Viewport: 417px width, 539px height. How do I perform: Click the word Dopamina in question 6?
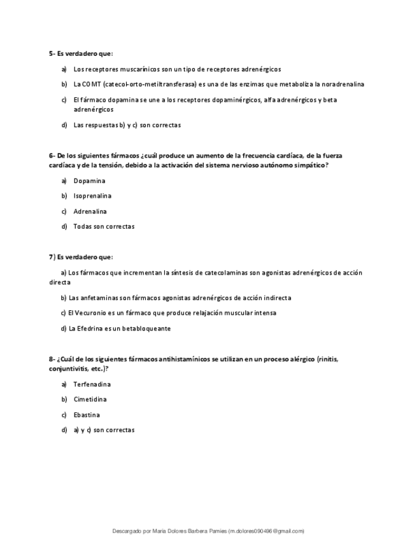point(89,181)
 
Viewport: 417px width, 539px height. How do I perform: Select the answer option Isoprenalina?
point(92,196)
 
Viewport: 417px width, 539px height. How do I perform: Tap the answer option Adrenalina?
point(90,212)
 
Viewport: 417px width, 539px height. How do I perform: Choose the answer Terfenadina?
point(92,385)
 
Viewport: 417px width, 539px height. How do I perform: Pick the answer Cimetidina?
point(90,400)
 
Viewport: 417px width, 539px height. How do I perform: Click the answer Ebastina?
point(87,415)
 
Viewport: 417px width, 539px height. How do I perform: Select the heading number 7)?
point(52,257)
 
